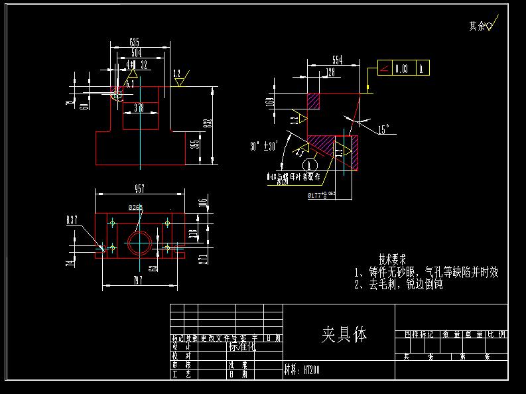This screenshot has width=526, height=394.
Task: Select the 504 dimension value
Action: pyautogui.click(x=136, y=52)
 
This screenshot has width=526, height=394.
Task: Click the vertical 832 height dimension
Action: pyautogui.click(x=208, y=123)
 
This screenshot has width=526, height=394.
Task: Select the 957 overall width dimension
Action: pyautogui.click(x=140, y=189)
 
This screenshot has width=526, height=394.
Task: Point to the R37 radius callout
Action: pyautogui.click(x=72, y=220)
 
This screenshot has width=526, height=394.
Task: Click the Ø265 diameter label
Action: pyautogui.click(x=135, y=208)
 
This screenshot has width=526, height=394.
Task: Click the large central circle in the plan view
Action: pyautogui.click(x=140, y=243)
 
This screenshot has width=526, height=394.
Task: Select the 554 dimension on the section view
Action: pyautogui.click(x=337, y=60)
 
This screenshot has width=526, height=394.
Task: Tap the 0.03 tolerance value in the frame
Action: pyautogui.click(x=401, y=68)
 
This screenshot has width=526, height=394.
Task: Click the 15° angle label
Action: pyautogui.click(x=383, y=129)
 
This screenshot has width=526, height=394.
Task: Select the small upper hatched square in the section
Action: pyautogui.click(x=312, y=101)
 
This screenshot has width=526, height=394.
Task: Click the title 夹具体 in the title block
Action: pyautogui.click(x=344, y=334)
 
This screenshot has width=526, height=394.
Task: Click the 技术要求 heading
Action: pyautogui.click(x=392, y=258)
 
